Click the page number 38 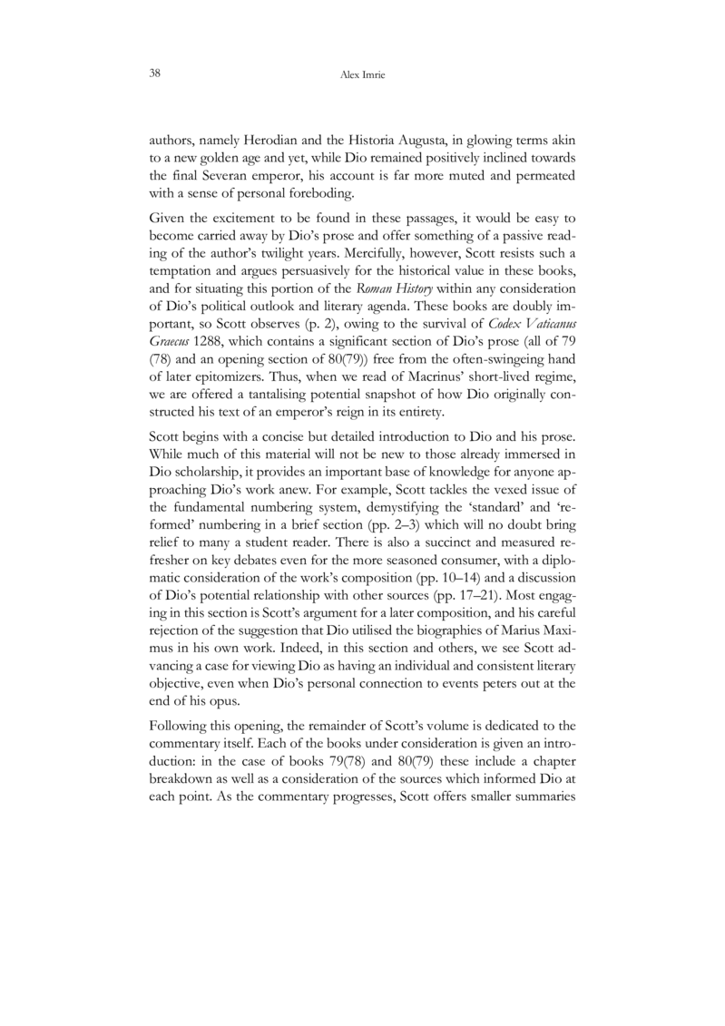pos(155,72)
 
